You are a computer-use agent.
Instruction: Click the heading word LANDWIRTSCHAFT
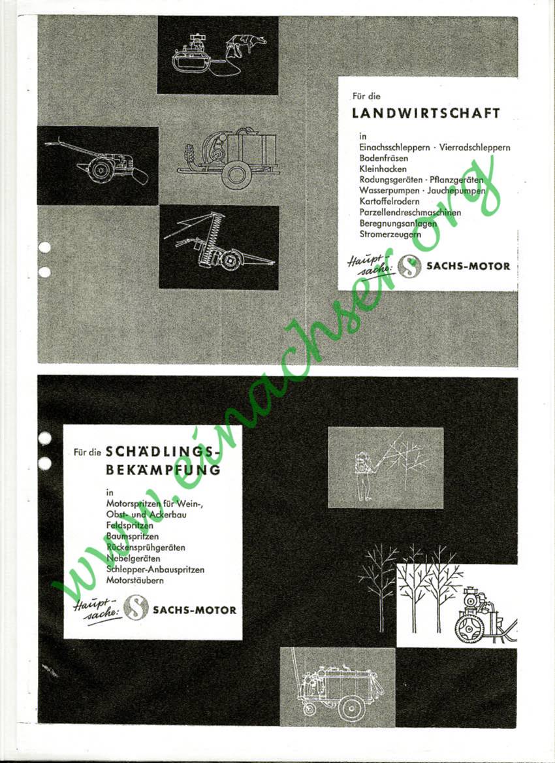[x=426, y=114]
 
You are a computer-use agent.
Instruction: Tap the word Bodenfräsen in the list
[x=377, y=158]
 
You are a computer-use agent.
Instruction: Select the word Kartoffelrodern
[x=389, y=201]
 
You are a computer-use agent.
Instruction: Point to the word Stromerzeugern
[x=390, y=234]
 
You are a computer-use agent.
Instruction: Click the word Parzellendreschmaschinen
[x=410, y=212]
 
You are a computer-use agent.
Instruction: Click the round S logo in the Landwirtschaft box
[x=409, y=266]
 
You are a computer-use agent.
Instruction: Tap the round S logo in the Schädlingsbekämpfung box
[x=136, y=608]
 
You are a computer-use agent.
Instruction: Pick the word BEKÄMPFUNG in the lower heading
[x=163, y=470]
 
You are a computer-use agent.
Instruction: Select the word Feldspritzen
[x=129, y=525]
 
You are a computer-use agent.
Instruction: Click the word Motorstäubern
[x=135, y=581]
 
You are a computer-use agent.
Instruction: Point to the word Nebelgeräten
[x=133, y=559]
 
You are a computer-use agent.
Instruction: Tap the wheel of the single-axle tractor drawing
[x=102, y=170]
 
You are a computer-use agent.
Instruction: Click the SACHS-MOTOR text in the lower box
[x=195, y=610]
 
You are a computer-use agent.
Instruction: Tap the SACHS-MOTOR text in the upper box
[x=468, y=266]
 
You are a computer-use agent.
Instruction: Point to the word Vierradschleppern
[x=475, y=148]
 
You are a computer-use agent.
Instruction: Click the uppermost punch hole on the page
[x=44, y=247]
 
